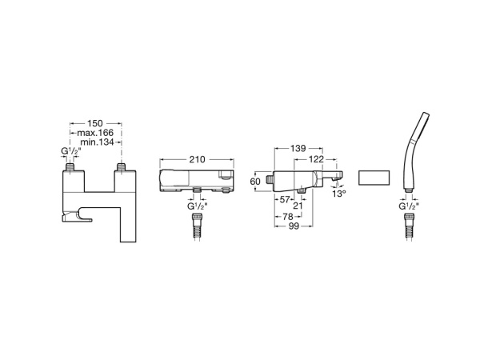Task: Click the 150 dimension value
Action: click(95, 124)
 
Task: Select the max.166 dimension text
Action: click(95, 133)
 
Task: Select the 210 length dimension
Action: click(198, 160)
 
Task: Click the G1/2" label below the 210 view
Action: click(198, 207)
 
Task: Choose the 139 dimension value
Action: click(298, 148)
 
